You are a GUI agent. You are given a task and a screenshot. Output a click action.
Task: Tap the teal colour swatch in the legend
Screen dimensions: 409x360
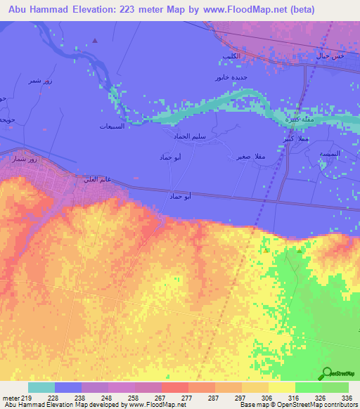[x=41, y=387]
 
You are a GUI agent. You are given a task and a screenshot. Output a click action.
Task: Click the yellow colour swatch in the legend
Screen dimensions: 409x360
[x=281, y=387]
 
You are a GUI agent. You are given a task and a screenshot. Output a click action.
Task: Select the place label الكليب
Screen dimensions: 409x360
[x=231, y=56]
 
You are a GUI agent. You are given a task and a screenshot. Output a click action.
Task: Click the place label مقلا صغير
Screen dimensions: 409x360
[x=252, y=157]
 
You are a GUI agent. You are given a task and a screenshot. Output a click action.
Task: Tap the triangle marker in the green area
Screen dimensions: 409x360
[x=300, y=249]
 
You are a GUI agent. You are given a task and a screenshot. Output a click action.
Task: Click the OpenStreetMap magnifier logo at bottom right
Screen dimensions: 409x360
[x=328, y=373]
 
